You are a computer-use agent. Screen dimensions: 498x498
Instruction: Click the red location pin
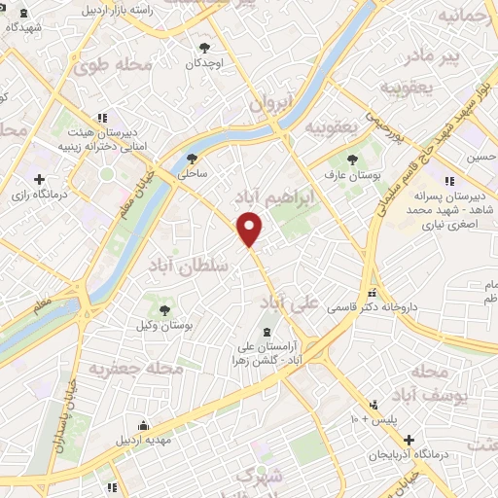coord(250,230)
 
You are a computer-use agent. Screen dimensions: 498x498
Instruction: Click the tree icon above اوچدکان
coord(204,47)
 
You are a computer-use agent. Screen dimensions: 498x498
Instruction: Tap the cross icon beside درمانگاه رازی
coord(40,179)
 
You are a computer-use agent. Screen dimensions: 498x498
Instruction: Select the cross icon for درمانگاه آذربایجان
coord(409,441)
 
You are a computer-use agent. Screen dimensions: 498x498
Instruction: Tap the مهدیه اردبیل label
coord(145,440)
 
